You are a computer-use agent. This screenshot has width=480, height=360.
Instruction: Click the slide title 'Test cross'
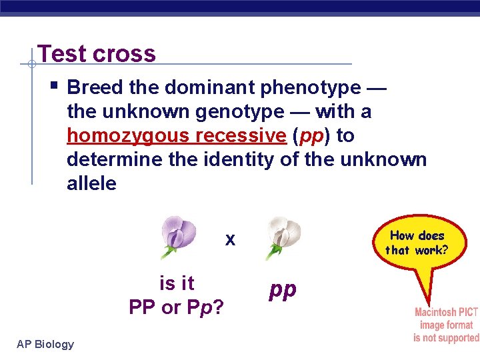[x=97, y=53]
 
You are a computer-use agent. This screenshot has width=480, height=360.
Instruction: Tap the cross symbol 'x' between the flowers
[x=230, y=240]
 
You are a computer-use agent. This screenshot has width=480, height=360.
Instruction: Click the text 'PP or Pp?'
[x=176, y=307]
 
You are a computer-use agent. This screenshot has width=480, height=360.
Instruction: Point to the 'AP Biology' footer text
[x=45, y=344]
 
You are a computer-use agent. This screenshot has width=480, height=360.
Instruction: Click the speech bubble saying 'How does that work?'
[x=417, y=243]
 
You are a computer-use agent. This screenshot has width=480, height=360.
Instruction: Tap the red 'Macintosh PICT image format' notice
[x=445, y=325]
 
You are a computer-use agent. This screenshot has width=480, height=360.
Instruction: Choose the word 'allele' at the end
[x=91, y=184]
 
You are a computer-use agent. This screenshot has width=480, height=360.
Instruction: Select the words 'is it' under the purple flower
[x=177, y=283]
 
